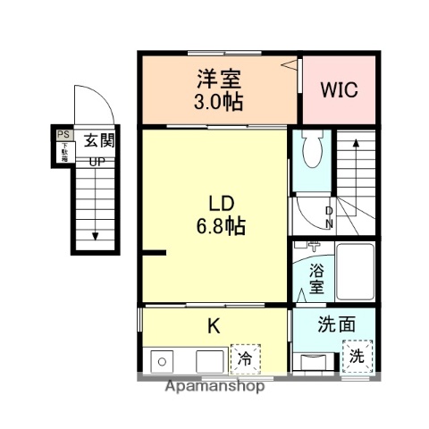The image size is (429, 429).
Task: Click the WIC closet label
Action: pyautogui.click(x=338, y=90)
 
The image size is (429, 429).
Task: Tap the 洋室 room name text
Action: pyautogui.click(x=217, y=77)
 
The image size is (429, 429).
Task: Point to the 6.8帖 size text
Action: pyautogui.click(x=216, y=225)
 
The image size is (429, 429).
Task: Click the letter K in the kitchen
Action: pyautogui.click(x=214, y=326)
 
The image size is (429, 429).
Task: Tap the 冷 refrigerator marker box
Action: pyautogui.click(x=242, y=358)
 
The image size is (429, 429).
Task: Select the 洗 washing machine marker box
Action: pyautogui.click(x=357, y=355)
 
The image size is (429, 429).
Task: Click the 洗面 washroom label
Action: pyautogui.click(x=335, y=326)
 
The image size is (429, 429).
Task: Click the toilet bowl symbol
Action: pyautogui.click(x=312, y=153)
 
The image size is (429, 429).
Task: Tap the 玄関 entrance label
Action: pyautogui.click(x=98, y=140)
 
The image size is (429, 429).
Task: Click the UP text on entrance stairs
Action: pyautogui.click(x=96, y=162)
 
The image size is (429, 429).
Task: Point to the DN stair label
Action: pyautogui.click(x=328, y=217)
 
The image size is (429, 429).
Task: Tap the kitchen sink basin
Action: pyautogui.click(x=163, y=362)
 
